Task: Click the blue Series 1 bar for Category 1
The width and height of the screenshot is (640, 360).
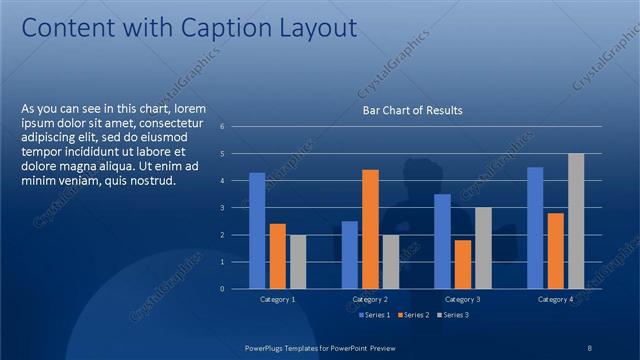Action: [x=257, y=230]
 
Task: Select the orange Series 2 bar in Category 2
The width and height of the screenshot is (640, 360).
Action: [x=370, y=229]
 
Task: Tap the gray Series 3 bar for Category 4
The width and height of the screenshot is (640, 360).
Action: [x=576, y=221]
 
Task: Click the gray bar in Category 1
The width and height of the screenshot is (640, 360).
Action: [x=297, y=261]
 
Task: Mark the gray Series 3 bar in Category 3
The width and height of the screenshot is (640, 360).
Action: [x=483, y=247]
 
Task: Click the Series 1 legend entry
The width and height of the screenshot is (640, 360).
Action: [x=376, y=315]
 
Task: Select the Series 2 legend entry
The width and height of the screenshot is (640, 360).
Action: [x=414, y=315]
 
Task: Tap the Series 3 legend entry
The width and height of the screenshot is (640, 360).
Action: [x=452, y=315]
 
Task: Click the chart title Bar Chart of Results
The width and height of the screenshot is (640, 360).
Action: [x=412, y=110]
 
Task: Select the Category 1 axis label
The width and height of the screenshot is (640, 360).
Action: [x=277, y=299]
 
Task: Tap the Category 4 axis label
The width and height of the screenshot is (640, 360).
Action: [x=555, y=299]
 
